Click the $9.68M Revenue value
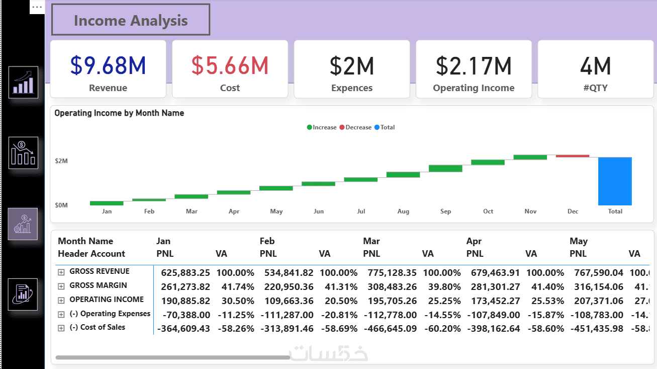point(108,66)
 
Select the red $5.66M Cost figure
point(230,66)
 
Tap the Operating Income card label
point(474,88)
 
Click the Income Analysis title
point(131,21)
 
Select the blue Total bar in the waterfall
point(615,181)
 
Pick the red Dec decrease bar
point(573,156)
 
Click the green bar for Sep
point(445,168)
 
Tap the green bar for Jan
point(107,203)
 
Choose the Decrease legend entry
point(358,127)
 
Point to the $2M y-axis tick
point(61,161)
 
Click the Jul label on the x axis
point(361,211)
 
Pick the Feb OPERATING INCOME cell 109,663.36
point(287,301)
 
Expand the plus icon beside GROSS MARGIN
point(61,286)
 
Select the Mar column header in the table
point(371,241)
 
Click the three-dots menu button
point(37,7)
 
